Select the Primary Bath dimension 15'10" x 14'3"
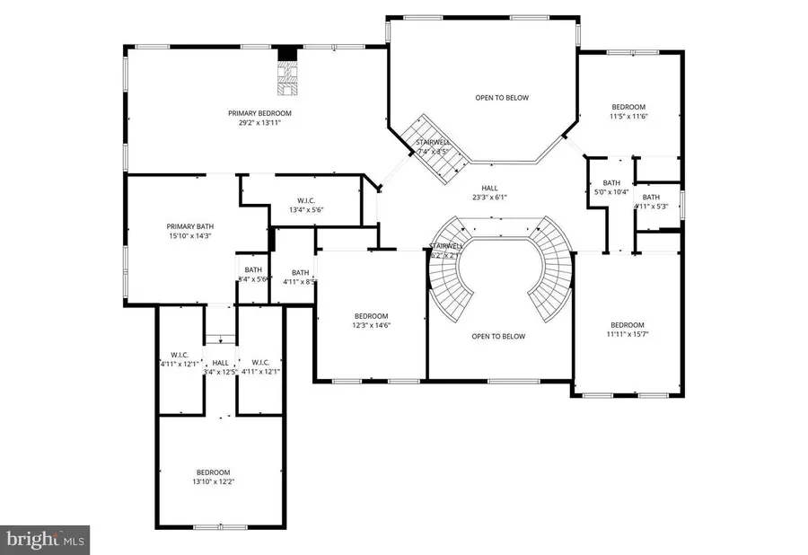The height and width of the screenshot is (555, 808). pyautogui.click(x=189, y=237)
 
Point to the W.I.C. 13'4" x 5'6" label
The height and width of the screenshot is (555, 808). pyautogui.click(x=306, y=205)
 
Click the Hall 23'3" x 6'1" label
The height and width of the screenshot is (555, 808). pyautogui.click(x=489, y=193)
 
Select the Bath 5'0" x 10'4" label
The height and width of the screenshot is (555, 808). pyautogui.click(x=612, y=187)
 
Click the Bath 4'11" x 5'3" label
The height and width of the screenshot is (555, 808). pyautogui.click(x=651, y=201)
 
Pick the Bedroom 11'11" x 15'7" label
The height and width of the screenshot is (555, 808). pyautogui.click(x=628, y=330)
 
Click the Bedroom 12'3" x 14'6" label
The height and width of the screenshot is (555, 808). pyautogui.click(x=371, y=321)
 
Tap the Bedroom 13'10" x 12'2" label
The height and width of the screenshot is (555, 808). pyautogui.click(x=214, y=477)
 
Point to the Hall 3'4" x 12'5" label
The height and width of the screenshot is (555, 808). pyautogui.click(x=221, y=366)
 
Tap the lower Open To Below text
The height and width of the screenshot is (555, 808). pyautogui.click(x=498, y=337)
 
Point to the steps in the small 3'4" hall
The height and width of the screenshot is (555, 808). pyautogui.click(x=221, y=338)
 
